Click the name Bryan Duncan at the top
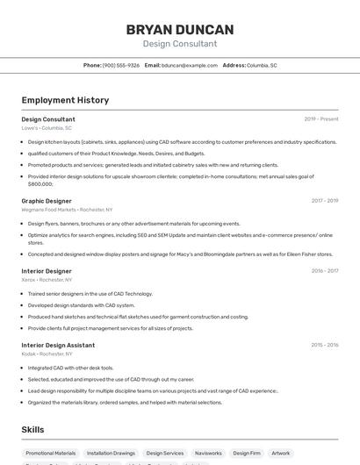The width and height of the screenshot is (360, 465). (180, 30)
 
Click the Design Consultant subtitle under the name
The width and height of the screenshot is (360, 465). (180, 44)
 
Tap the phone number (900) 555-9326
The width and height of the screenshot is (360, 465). (121, 65)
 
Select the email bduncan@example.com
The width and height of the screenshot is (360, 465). (189, 65)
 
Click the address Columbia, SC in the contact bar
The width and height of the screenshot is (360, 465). (262, 65)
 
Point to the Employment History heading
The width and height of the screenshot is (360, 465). (65, 100)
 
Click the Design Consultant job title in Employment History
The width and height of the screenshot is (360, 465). (48, 118)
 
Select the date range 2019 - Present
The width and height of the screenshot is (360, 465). (321, 118)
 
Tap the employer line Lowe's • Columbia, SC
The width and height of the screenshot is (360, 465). (47, 128)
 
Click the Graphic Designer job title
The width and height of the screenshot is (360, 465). (47, 201)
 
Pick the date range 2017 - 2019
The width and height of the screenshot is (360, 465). (324, 201)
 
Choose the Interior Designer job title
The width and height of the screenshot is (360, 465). (47, 271)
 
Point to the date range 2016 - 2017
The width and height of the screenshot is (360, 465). (324, 271)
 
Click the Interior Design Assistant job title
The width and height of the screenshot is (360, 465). (58, 345)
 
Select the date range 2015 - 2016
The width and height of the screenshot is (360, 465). (324, 345)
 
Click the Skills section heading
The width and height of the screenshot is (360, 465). (32, 430)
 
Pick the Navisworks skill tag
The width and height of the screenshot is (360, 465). (208, 454)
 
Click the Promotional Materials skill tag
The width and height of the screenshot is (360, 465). (51, 454)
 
